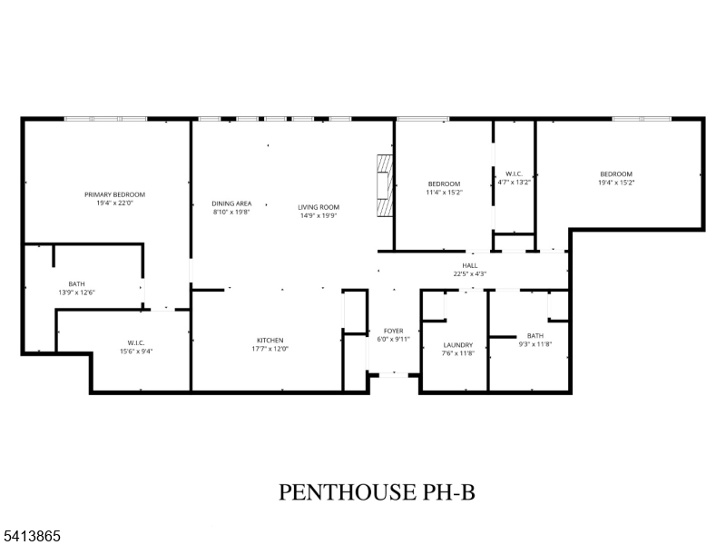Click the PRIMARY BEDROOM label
(114, 194)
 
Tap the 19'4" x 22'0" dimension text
(114, 203)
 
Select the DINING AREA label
(231, 203)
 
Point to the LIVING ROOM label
(319, 207)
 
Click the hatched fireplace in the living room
(384, 185)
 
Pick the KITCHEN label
(270, 340)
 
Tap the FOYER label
(394, 331)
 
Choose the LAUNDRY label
(458, 345)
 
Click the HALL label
(469, 265)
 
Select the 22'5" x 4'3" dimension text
(469, 274)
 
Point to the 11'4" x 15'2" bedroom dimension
(444, 193)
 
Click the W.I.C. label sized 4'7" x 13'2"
(514, 173)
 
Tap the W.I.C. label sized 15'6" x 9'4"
(136, 343)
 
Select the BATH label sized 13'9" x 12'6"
(77, 284)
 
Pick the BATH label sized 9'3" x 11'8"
(535, 335)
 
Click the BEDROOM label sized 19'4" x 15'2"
(616, 174)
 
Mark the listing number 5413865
(30, 536)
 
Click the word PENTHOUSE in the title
(348, 491)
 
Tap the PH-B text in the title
(448, 491)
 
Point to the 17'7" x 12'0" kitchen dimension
(270, 349)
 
